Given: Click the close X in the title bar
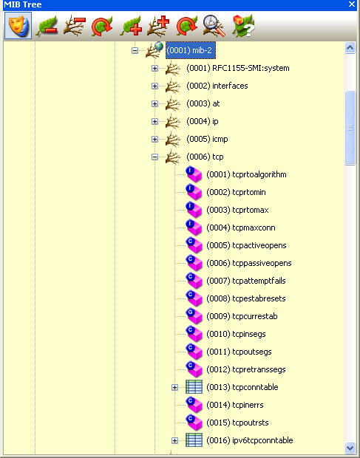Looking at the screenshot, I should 352,4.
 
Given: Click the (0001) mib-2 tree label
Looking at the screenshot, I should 191,50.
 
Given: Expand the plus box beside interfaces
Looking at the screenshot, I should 154,86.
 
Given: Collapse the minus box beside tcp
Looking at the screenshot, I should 154,157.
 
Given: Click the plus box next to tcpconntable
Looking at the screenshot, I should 175,387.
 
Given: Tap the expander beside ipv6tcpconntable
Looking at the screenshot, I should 175,440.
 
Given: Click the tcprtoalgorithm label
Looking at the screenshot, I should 246,174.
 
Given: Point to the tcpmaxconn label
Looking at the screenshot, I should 241,228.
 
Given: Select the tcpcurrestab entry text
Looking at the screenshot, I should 242,316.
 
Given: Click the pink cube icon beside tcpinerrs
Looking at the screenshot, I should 194,405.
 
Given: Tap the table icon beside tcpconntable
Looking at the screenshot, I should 194,387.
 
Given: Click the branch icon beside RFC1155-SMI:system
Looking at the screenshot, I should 171,68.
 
